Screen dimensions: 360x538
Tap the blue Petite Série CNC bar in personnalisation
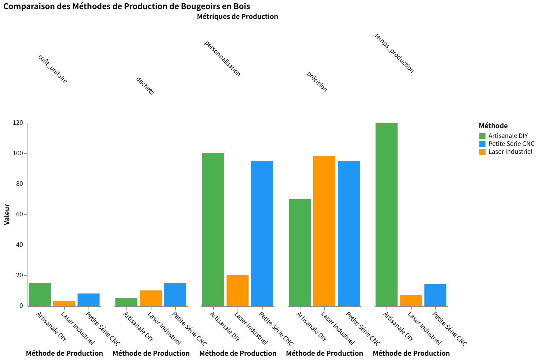(x=262, y=233)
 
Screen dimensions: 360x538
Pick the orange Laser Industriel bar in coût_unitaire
(x=64, y=303)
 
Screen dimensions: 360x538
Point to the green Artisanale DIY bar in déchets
(x=126, y=302)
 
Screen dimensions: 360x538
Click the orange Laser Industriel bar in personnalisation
(x=237, y=290)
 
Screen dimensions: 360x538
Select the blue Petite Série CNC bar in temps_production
(x=435, y=295)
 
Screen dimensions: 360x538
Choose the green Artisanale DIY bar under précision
(x=300, y=252)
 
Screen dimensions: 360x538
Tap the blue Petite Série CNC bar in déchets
(x=175, y=294)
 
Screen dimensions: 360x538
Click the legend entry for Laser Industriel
(x=510, y=152)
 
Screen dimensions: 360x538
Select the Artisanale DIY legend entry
(x=508, y=136)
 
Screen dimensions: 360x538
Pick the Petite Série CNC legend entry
(x=511, y=144)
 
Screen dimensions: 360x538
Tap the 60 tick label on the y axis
(x=20, y=214)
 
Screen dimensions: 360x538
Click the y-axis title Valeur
(x=7, y=214)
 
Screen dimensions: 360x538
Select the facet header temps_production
(x=394, y=54)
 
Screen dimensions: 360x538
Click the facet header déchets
(x=145, y=86)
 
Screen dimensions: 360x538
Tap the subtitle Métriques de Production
(x=237, y=16)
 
